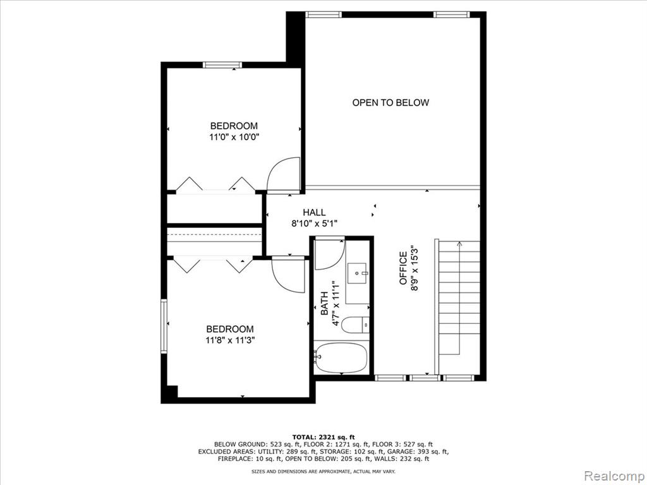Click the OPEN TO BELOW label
[x=390, y=103]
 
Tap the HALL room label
[x=315, y=212]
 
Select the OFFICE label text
[x=403, y=268]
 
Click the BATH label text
[x=325, y=304]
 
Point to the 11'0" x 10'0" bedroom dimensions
[x=234, y=137]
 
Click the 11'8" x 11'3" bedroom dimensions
[x=230, y=340]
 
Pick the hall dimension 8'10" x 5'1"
[x=315, y=224]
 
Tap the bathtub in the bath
[x=341, y=357]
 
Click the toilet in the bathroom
[x=355, y=325]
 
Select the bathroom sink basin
[x=357, y=273]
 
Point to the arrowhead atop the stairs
[x=459, y=244]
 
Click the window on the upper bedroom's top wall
[x=222, y=65]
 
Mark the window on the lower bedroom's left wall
[x=164, y=326]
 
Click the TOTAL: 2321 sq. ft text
[x=323, y=437]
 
